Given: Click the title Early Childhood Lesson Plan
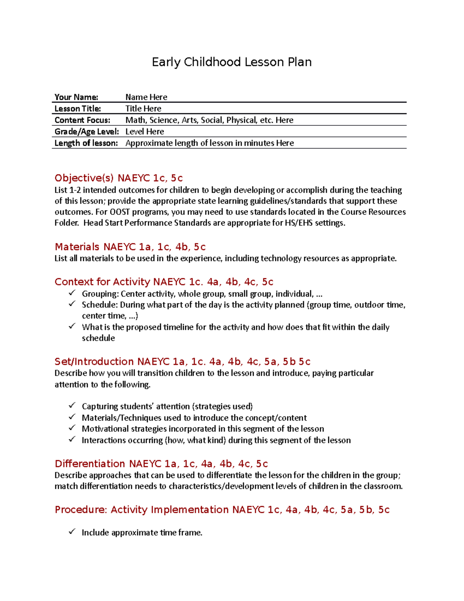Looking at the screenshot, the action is point(232,62).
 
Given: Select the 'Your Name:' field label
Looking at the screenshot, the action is point(76,97).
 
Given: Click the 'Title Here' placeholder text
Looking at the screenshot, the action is point(143,109).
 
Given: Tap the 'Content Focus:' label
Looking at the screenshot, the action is point(82,120).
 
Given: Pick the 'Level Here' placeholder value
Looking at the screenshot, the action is point(145,132).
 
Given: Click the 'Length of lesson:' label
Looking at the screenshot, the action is point(86,143).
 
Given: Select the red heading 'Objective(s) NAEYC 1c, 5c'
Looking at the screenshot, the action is point(118,178).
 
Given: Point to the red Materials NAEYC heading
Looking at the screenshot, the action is point(130,247).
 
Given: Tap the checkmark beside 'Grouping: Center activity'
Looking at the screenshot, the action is point(72,293).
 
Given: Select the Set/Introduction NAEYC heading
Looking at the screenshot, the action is point(182,361).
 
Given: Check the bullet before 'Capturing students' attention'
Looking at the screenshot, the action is point(72,406).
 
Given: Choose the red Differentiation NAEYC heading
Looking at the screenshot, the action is point(161,464).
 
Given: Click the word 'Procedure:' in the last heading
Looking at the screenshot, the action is point(80,510).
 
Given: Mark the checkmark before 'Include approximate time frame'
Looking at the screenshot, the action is point(72,532).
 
